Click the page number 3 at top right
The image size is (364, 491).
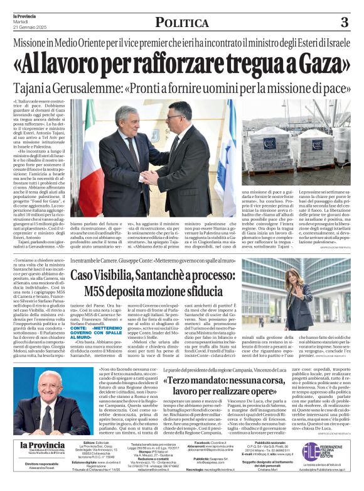(343, 23)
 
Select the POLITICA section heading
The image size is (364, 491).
(181, 23)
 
